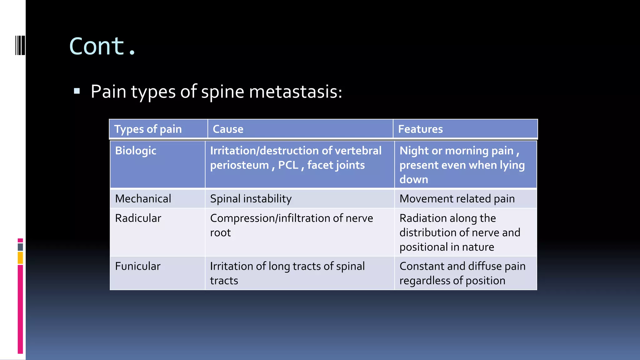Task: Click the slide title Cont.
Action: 102,46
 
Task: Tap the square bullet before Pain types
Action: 77,91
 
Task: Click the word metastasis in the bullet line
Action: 295,92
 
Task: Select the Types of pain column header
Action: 148,129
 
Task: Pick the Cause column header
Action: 228,129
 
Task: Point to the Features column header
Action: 420,129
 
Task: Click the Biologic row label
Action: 136,151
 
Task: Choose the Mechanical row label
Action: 143,199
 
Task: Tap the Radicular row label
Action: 138,218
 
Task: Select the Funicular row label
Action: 137,266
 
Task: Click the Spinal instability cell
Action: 251,199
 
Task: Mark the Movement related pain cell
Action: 457,199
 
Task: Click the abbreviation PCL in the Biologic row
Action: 288,165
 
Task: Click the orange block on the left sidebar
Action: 20,258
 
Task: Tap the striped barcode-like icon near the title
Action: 20,46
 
